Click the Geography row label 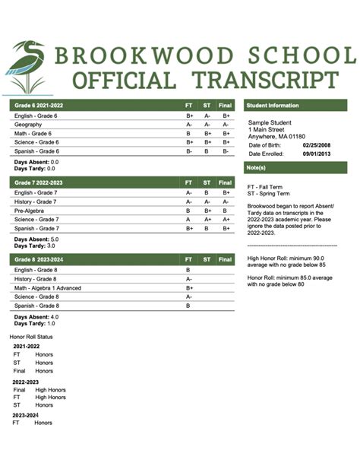click(x=28, y=124)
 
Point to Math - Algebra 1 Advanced click(x=50, y=288)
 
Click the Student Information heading click(x=273, y=105)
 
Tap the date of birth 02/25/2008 click(x=316, y=144)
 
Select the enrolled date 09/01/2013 click(x=316, y=154)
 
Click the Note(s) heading click(x=256, y=167)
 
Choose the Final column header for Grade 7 click(x=226, y=183)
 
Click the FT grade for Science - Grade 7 click(x=188, y=220)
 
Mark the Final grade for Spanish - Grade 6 click(x=226, y=151)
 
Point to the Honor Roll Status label click(x=31, y=335)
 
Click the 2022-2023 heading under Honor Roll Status click(x=26, y=382)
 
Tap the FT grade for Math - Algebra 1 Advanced click(x=188, y=288)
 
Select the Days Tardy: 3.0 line click(x=36, y=246)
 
